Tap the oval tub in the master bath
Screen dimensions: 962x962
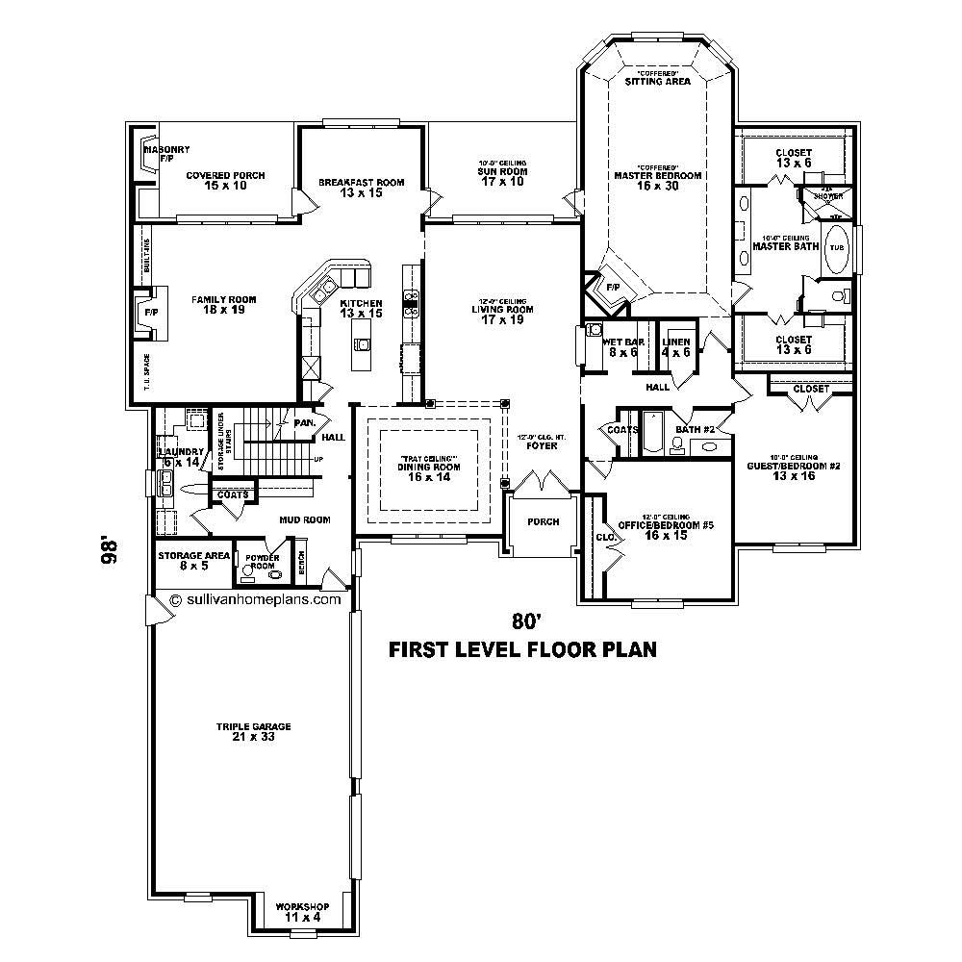point(836,246)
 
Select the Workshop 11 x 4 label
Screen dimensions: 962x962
point(302,912)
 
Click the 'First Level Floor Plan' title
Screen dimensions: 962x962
point(521,649)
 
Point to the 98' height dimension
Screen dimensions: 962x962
point(112,552)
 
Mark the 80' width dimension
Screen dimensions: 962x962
point(522,620)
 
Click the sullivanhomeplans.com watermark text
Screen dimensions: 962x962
point(255,597)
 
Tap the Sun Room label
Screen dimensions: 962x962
point(502,176)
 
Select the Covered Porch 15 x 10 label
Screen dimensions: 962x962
point(225,180)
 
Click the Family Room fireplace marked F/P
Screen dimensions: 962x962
point(151,314)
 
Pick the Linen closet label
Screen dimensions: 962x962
point(675,347)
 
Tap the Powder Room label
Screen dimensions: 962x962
point(261,562)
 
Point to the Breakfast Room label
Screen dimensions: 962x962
point(361,187)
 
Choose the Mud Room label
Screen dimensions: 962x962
point(306,519)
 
